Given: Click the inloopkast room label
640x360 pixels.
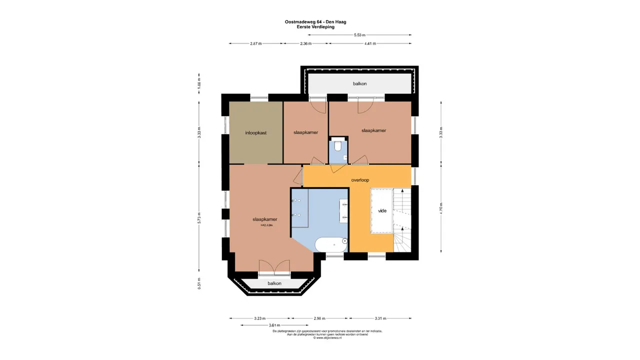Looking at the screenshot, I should coord(255,133).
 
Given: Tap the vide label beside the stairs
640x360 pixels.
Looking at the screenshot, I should coord(382,211).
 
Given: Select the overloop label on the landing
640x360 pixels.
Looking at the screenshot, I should coord(360,179).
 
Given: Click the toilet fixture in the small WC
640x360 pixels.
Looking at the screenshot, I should coord(338,145).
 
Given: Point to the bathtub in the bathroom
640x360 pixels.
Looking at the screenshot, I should coord(330,245).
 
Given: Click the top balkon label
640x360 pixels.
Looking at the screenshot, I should coord(359,83).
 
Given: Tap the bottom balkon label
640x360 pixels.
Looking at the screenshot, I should coord(274,283).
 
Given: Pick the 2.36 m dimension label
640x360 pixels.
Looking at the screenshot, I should coord(305,43).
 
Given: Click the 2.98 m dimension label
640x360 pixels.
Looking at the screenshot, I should coord(319,318).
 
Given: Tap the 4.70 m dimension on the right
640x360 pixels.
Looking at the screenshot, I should coord(440,208).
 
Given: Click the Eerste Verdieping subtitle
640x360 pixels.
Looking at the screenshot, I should coord(315,27).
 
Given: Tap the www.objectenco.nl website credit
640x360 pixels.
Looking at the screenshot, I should coord(327,338).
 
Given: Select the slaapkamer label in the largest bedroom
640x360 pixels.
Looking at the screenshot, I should coord(264,219).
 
